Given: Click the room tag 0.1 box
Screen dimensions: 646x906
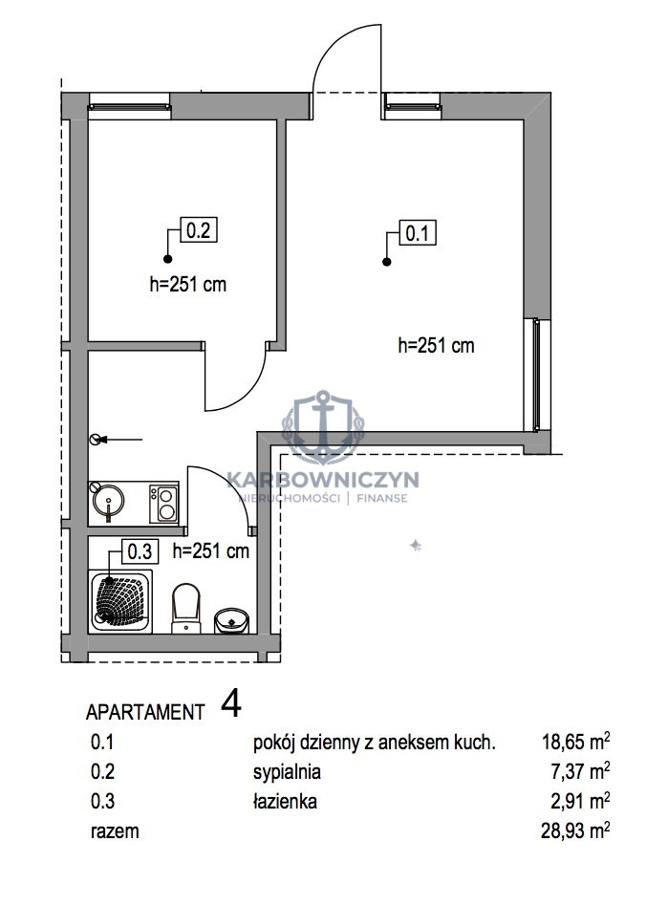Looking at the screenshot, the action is pos(418,233).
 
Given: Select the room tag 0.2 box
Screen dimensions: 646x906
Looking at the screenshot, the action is pos(199,230).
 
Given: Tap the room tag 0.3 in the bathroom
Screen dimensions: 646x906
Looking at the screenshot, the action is pos(140,551).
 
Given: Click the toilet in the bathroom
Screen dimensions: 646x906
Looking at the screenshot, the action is pos(185,608).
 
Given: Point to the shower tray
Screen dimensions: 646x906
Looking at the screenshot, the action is pos(120,601).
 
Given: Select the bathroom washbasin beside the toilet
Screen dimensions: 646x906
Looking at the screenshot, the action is pos(231,620).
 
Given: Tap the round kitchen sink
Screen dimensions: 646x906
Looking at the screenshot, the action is pos(107,501).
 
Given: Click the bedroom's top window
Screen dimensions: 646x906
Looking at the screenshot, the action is pos(129,106).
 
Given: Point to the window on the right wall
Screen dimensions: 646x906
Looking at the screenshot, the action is pos(537,375).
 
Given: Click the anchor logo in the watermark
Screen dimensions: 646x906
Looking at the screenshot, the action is pos(322,427).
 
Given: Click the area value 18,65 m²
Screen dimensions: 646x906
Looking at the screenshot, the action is pos(575,742).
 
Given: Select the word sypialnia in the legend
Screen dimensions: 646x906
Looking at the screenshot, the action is pos(287,772).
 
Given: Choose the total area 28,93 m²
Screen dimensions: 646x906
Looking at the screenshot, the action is pos(575,830).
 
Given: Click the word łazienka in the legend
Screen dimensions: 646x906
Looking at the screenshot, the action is pos(285,802).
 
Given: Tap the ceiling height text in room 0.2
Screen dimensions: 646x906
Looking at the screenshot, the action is pos(188,284).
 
